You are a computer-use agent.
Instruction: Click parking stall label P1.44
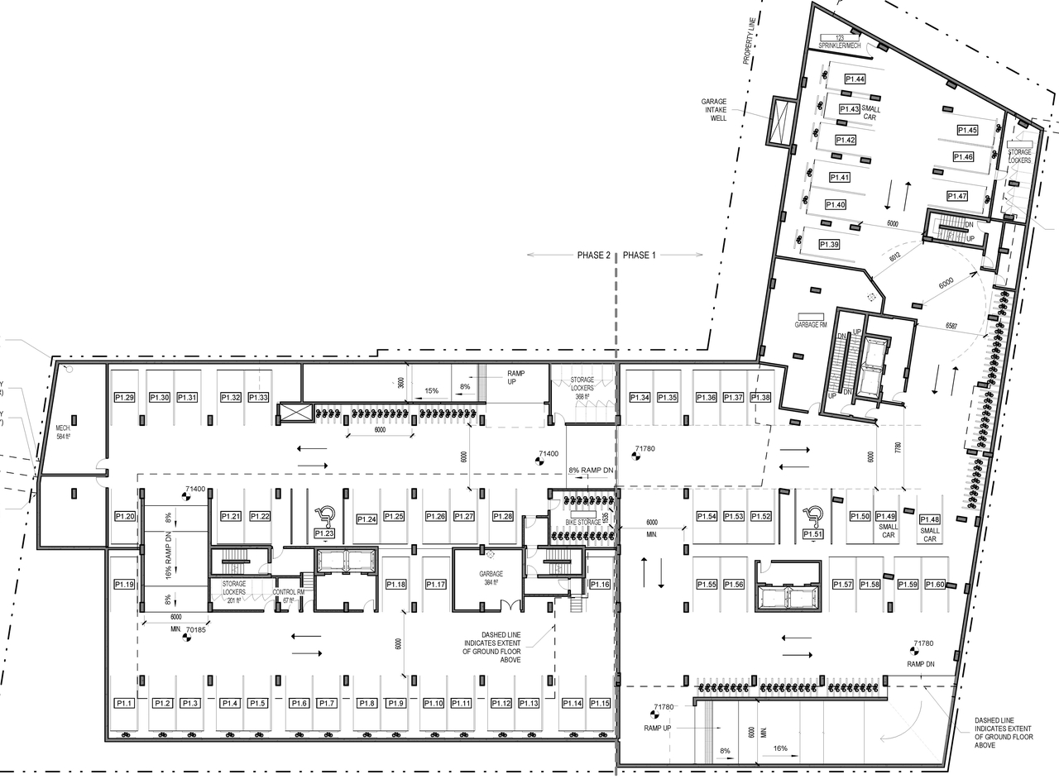(x=855, y=79)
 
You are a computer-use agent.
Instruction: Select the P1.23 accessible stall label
(x=324, y=535)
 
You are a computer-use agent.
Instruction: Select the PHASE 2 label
(x=593, y=256)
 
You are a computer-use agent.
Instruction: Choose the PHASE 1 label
(x=639, y=256)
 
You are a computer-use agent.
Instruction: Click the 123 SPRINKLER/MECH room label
(x=841, y=42)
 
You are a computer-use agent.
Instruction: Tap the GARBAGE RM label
(x=811, y=325)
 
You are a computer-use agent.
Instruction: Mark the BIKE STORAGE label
(x=582, y=523)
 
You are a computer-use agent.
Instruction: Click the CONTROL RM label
(x=289, y=593)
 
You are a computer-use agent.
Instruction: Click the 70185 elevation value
(x=195, y=630)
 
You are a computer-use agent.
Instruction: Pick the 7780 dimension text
(x=898, y=447)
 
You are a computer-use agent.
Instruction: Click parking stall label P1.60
(x=934, y=585)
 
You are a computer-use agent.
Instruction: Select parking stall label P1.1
(x=124, y=703)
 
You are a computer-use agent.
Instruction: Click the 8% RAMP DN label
(x=591, y=471)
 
